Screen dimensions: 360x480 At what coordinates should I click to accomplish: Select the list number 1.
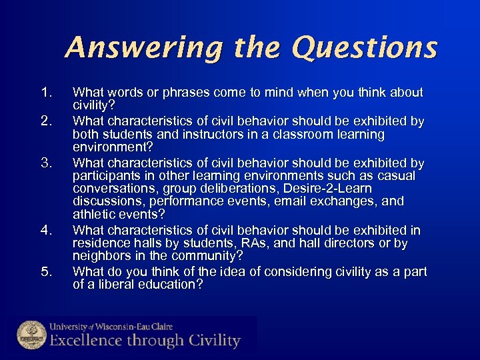pos(45,93)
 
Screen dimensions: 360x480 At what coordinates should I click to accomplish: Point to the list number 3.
pos(45,163)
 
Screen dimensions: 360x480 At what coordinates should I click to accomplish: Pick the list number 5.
pos(45,272)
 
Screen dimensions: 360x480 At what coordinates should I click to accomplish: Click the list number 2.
pos(45,121)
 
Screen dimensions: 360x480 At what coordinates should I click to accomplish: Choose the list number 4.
pos(45,231)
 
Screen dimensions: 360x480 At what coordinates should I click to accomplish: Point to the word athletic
pos(94,214)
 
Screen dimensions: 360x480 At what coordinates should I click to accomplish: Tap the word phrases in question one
pos(175,93)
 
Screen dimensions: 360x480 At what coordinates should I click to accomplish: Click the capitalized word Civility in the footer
pos(212,341)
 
